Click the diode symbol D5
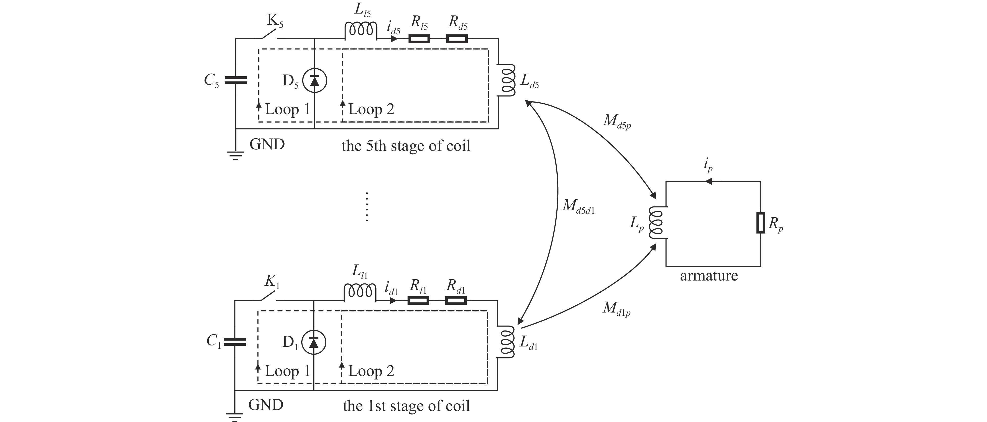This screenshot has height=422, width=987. tap(315, 80)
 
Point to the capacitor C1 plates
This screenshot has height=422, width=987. tap(234, 342)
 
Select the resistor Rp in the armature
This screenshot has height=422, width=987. tap(761, 222)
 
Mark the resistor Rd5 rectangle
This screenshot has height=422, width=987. tap(457, 39)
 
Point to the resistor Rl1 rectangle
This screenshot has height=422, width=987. tap(418, 300)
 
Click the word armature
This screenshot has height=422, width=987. tap(709, 276)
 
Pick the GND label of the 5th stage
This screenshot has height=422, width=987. tap(267, 145)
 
